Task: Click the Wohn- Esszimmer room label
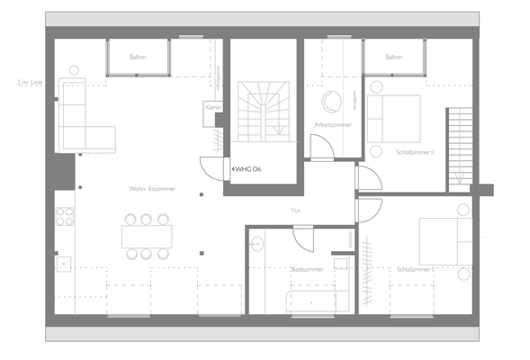click(151, 189)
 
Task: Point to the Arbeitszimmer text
click(332, 124)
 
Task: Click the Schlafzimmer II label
click(415, 152)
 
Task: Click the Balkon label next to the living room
click(138, 57)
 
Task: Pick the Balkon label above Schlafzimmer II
click(393, 57)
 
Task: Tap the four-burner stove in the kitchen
click(64, 216)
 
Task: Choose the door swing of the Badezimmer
click(302, 235)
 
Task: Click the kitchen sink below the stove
click(64, 264)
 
